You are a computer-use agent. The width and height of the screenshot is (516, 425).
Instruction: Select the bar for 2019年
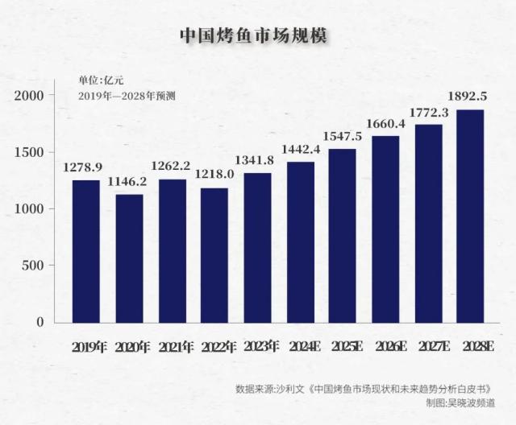(x=86, y=251)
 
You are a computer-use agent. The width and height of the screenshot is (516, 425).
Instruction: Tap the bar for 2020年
(x=129, y=258)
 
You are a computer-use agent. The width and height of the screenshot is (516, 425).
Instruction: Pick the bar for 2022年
(x=214, y=255)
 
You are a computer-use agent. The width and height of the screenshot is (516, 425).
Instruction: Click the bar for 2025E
(x=342, y=236)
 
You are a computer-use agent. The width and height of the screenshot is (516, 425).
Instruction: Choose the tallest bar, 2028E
(x=470, y=216)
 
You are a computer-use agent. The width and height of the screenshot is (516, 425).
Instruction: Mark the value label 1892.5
(x=470, y=97)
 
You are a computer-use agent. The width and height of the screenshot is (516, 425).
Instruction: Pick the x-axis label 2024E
(x=303, y=347)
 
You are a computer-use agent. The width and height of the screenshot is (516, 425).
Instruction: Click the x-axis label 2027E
(x=433, y=347)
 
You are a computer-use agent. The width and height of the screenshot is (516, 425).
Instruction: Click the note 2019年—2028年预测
(x=127, y=95)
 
